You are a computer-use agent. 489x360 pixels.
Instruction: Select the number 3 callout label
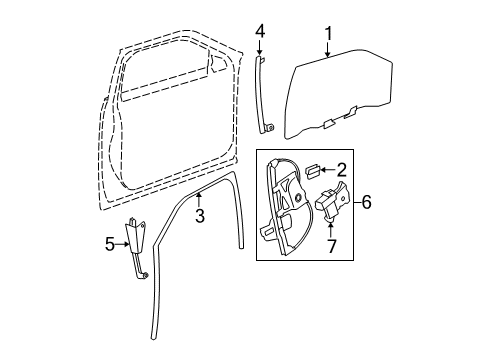point(199,215)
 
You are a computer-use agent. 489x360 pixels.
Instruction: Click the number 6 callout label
point(366,203)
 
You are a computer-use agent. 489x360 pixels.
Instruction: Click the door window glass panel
point(340,95)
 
